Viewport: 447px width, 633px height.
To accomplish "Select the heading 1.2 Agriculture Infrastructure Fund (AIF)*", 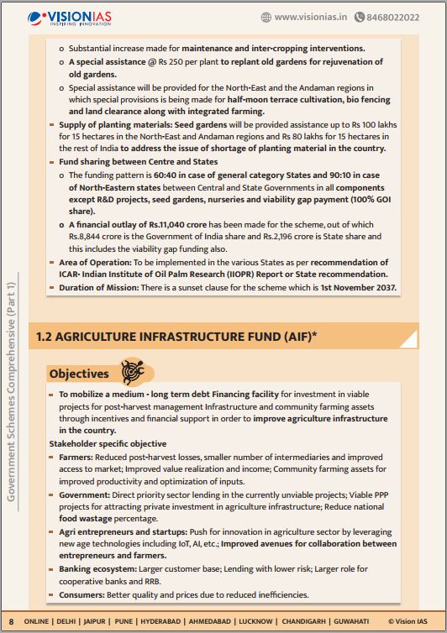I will tap(176, 337).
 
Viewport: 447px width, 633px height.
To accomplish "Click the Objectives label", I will tap(79, 374).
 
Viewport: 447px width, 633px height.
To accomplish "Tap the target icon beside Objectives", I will tap(133, 371).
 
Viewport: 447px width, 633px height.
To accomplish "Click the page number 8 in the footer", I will tap(11, 621).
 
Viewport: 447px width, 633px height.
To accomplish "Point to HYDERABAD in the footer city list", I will tap(181, 621).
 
